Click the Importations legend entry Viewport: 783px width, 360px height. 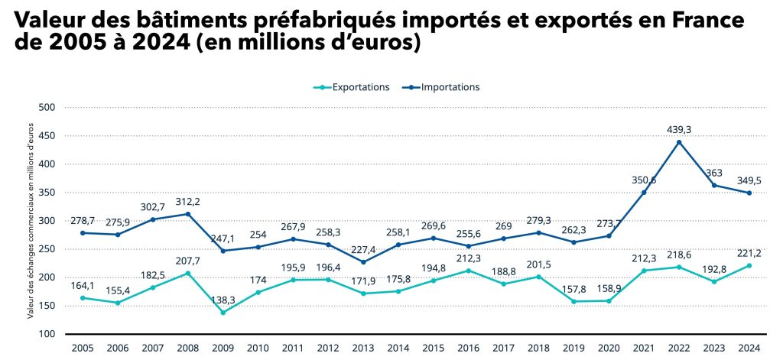point(443,87)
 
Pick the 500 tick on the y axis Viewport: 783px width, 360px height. point(48,108)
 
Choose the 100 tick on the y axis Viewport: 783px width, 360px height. point(48,334)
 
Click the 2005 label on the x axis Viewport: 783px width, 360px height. point(83,348)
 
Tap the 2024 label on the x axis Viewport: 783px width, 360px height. point(749,348)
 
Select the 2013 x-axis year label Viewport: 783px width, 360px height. point(363,348)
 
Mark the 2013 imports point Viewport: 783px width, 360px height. point(363,262)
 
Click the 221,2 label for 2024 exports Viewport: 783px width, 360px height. point(749,253)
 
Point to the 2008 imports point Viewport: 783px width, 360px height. point(188,214)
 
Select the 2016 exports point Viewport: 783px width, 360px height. point(468,271)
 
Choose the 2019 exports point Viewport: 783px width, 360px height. point(573,301)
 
